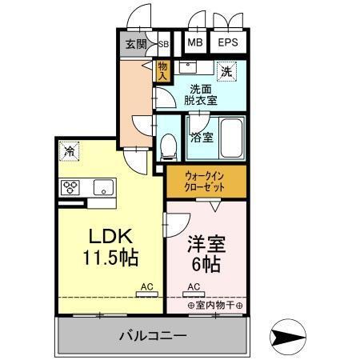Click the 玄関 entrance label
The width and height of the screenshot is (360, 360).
pos(136,44)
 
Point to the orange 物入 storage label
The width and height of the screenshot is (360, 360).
pos(163,71)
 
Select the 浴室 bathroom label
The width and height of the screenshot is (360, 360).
pos(200,137)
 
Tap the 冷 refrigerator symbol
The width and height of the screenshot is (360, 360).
pos(71,150)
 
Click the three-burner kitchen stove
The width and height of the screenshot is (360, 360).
pos(71,187)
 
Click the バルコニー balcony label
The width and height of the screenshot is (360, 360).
pos(153,334)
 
